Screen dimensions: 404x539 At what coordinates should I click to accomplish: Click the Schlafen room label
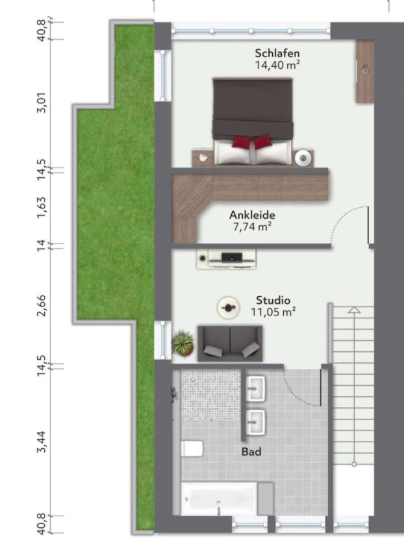pyautogui.click(x=277, y=53)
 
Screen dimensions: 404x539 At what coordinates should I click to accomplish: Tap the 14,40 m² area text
pyautogui.click(x=277, y=65)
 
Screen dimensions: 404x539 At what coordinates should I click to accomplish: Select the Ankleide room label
pyautogui.click(x=252, y=215)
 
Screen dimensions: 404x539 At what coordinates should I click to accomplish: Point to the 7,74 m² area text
pyautogui.click(x=252, y=227)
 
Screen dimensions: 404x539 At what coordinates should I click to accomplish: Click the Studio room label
pyautogui.click(x=273, y=300)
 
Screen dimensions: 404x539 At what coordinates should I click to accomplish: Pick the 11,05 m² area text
pyautogui.click(x=273, y=312)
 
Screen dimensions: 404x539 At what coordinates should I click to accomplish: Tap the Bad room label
pyautogui.click(x=251, y=451)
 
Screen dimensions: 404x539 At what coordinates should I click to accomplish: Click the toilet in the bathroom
pyautogui.click(x=192, y=449)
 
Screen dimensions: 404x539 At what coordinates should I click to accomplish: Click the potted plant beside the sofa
pyautogui.click(x=183, y=343)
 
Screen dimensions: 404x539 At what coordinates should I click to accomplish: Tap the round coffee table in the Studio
pyautogui.click(x=228, y=307)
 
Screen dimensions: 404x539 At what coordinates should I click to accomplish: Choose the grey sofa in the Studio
pyautogui.click(x=230, y=344)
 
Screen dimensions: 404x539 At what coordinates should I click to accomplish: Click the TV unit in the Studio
pyautogui.click(x=227, y=259)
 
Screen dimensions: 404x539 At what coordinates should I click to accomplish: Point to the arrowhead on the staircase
pyautogui.click(x=354, y=310)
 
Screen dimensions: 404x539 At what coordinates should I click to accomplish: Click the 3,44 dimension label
pyautogui.click(x=42, y=442)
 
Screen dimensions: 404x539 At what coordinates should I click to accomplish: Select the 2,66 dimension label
pyautogui.click(x=42, y=306)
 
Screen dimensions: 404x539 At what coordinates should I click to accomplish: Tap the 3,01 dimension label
pyautogui.click(x=42, y=102)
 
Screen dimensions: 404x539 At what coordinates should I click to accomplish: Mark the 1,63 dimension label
pyautogui.click(x=42, y=207)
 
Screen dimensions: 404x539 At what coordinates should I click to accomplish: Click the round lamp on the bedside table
pyautogui.click(x=303, y=158)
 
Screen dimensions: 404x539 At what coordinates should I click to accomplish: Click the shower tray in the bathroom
pyautogui.click(x=210, y=395)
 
